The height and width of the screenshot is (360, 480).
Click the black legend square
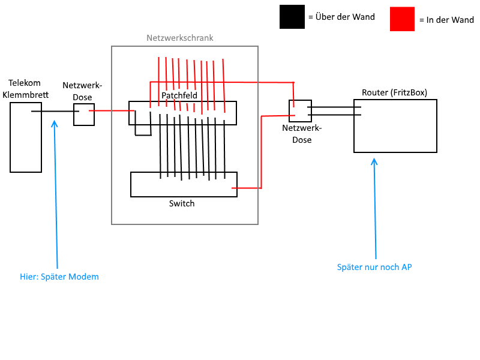click(x=292, y=17)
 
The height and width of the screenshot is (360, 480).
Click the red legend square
click(x=402, y=19)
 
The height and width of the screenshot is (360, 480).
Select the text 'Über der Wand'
click(x=345, y=17)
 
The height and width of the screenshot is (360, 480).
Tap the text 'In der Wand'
click(x=450, y=20)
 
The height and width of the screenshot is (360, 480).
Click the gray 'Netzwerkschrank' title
click(x=179, y=38)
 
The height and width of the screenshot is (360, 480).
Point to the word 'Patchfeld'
click(x=179, y=95)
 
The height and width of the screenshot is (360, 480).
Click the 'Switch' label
click(x=182, y=203)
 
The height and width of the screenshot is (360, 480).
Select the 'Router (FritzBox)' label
click(x=395, y=92)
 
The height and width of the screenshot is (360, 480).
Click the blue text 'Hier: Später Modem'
click(x=59, y=277)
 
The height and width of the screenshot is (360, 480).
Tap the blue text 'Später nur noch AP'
click(x=374, y=267)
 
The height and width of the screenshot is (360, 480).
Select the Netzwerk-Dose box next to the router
click(x=301, y=100)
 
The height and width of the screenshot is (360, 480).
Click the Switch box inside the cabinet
click(x=184, y=197)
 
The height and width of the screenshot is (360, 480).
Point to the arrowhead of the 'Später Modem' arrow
click(x=55, y=121)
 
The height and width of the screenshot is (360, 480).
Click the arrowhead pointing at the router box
click(x=374, y=159)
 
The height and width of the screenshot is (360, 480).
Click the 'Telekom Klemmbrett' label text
click(x=25, y=89)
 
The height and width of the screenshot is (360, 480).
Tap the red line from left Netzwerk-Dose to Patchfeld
click(x=112, y=110)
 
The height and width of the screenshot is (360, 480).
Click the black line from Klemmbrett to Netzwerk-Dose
click(x=55, y=111)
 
